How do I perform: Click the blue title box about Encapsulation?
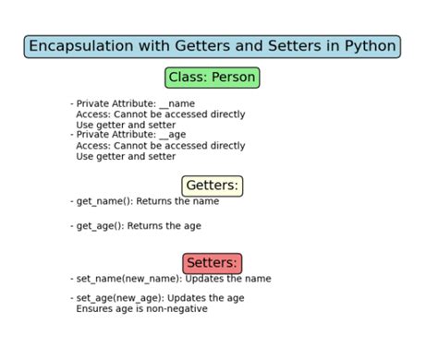pyautogui.click(x=212, y=46)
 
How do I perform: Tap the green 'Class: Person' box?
pyautogui.click(x=212, y=78)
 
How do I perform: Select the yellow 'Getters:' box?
pyautogui.click(x=212, y=186)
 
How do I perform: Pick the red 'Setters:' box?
pyautogui.click(x=212, y=263)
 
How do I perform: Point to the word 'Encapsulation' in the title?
pyautogui.click(x=78, y=46)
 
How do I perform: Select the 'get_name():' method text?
pyautogui.click(x=104, y=201)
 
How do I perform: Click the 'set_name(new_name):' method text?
pyautogui.click(x=128, y=278)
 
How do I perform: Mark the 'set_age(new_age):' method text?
pyautogui.click(x=122, y=297)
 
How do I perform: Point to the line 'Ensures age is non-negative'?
pyautogui.click(x=141, y=308)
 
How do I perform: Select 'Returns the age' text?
pyautogui.click(x=164, y=225)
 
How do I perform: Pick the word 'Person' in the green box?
pyautogui.click(x=234, y=78)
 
